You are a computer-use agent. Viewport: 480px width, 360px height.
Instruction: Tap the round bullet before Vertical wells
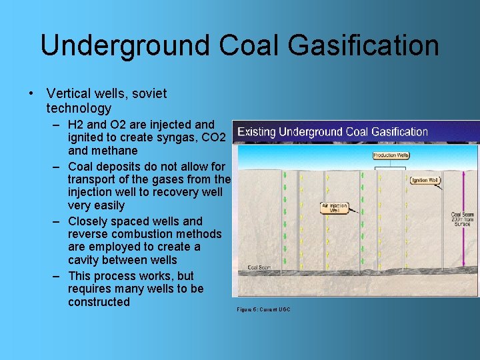(x=31, y=93)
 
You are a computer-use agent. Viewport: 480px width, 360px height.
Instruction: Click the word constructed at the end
(x=99, y=302)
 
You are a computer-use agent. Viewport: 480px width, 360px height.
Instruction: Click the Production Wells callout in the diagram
(x=391, y=155)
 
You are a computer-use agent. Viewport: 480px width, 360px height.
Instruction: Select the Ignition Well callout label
(x=425, y=180)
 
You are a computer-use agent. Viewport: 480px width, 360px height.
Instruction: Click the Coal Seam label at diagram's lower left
(x=258, y=267)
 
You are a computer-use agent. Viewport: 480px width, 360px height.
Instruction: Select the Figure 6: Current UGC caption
(x=263, y=309)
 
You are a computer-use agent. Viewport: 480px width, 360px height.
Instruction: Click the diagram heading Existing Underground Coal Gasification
(x=333, y=132)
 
